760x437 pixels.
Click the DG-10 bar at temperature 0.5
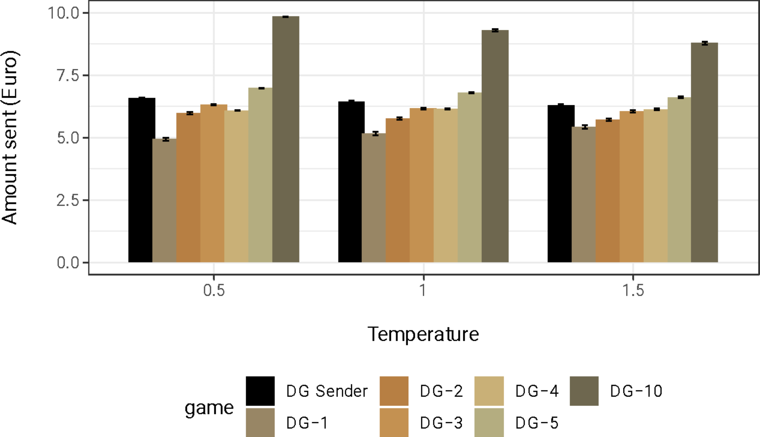point(286,140)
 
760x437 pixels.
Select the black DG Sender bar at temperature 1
point(351,182)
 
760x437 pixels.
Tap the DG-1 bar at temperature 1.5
point(583,195)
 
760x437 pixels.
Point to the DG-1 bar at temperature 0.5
point(164,201)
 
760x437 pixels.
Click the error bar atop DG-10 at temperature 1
point(495,30)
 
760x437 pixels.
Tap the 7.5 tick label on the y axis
point(68,75)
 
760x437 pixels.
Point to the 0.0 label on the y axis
point(68,262)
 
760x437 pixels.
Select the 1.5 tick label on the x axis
point(633,290)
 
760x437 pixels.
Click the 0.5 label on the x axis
point(214,290)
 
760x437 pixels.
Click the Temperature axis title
point(423,334)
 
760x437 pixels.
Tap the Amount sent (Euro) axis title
point(9,137)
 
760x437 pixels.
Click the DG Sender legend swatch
point(260,391)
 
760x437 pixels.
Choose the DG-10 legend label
point(636,391)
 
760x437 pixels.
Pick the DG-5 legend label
point(537,423)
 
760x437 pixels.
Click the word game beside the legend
point(209,407)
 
